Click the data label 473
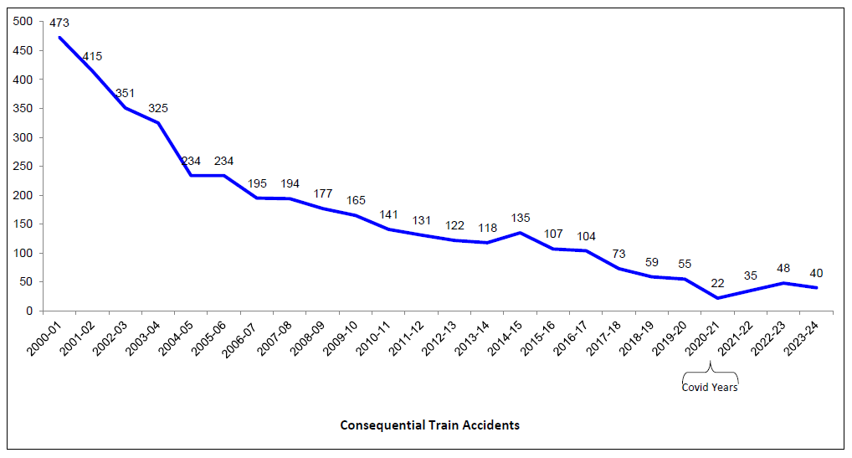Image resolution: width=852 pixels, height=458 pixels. click(59, 23)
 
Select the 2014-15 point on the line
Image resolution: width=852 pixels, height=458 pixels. click(520, 233)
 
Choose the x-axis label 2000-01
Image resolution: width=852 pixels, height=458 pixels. click(48, 338)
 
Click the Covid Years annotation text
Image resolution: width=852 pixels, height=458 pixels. click(710, 388)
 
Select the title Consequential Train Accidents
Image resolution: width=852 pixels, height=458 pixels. click(429, 425)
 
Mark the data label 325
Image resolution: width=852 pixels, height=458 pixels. click(158, 108)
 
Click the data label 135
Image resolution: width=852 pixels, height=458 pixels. click(520, 218)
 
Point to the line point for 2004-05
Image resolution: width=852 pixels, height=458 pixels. click(191, 175)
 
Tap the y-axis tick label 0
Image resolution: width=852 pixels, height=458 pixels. click(29, 311)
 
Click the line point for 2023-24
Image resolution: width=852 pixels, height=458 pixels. click(816, 287)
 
